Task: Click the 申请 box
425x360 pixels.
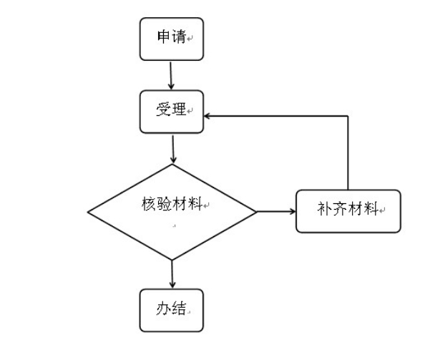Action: (x=172, y=39)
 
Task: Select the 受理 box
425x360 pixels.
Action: (x=172, y=112)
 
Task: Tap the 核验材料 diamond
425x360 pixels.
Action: (x=172, y=212)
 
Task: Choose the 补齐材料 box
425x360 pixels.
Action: (x=348, y=211)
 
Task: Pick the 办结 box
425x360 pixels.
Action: (x=172, y=310)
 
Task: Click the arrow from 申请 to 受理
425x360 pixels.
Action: (x=171, y=76)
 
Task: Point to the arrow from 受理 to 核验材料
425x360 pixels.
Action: (x=173, y=149)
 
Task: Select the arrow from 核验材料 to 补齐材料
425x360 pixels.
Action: (x=276, y=211)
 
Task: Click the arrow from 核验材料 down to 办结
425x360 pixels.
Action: (x=172, y=274)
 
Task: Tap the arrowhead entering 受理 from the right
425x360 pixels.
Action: (x=207, y=116)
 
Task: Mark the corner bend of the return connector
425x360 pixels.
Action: (x=348, y=116)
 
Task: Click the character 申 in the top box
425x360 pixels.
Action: (x=164, y=37)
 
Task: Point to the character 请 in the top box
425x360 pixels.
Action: (x=179, y=37)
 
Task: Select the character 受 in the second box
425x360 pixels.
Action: (x=163, y=110)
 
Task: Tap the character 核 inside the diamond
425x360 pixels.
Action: (x=149, y=203)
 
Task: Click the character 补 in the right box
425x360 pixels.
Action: (x=325, y=208)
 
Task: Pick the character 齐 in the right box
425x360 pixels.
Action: (x=340, y=208)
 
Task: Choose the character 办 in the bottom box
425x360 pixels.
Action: (x=163, y=308)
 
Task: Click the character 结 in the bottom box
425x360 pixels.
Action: (x=179, y=308)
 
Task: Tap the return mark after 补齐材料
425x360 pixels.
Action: (x=382, y=210)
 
